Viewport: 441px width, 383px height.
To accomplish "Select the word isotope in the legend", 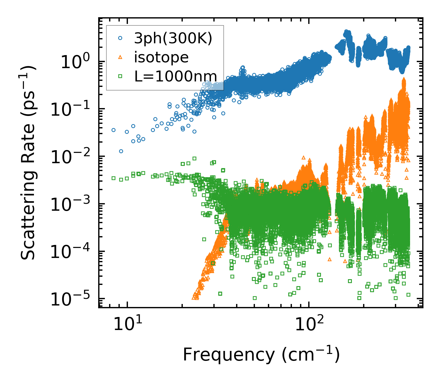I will click(161, 57).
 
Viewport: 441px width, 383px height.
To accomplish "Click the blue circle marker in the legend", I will click(120, 38).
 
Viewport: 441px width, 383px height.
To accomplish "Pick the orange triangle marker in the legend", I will click(120, 57).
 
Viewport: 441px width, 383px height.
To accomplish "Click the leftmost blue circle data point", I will click(114, 130).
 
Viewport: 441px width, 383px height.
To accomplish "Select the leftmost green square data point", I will click(114, 178).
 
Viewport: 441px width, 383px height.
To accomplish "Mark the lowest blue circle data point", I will click(121, 151).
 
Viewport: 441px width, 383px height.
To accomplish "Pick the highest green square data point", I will click(194, 158).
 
